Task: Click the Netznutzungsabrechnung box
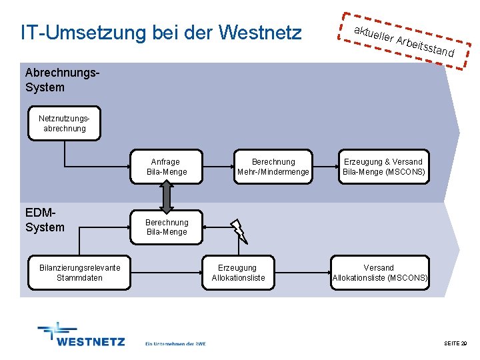64,123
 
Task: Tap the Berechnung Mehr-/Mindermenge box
273,167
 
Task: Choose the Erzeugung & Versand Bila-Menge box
383,167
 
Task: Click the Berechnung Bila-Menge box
167,227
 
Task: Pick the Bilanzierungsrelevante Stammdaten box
79,273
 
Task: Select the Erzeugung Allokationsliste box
238,273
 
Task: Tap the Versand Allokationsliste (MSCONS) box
379,273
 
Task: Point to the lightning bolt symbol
239,231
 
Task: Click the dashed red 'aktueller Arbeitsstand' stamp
405,41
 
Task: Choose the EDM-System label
45,220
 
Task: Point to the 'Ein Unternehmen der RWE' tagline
175,344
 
